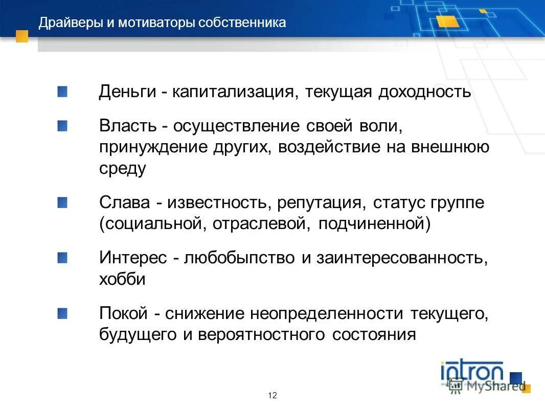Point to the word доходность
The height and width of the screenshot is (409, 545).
coord(424,93)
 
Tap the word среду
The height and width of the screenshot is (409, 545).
coord(123,169)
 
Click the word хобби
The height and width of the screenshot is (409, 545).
coord(122,280)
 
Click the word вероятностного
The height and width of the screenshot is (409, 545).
coord(261,335)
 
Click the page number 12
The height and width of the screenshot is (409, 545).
coord(272,395)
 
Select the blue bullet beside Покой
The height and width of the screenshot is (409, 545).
coord(62,313)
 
